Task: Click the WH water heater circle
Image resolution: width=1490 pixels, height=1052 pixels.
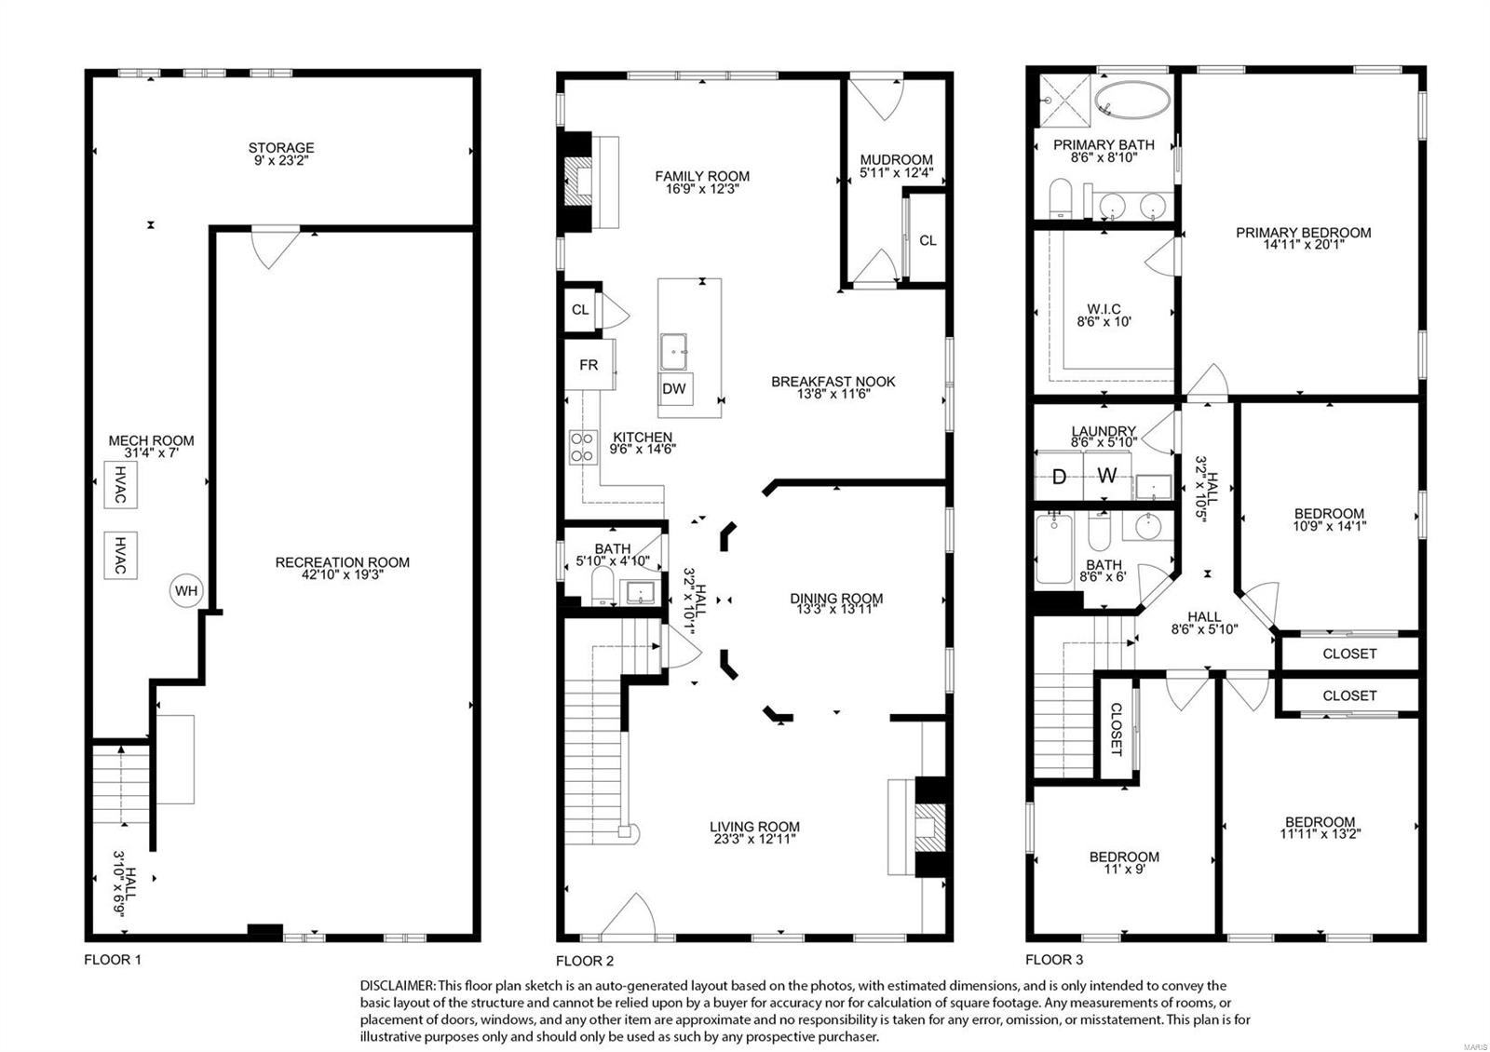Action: pos(185,590)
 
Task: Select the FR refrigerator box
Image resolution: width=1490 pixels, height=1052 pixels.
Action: pos(589,365)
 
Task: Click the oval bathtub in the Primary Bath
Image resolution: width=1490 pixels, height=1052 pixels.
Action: pos(1131,99)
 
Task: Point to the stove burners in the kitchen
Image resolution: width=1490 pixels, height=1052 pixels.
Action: pos(583,447)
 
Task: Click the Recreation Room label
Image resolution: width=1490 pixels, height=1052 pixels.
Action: pos(342,562)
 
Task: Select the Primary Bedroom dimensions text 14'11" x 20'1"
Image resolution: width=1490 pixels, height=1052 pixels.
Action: pos(1304,246)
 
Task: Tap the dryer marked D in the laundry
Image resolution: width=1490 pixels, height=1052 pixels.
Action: pos(1059,477)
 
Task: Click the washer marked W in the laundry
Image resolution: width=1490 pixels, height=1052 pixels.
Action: pos(1106,477)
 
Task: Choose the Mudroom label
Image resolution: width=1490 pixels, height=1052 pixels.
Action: pos(896,160)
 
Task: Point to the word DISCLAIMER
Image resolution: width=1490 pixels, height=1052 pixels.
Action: pos(396,985)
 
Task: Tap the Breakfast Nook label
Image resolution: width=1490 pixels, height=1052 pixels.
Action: pos(833,382)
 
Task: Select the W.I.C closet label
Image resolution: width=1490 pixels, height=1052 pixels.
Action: pos(1104,309)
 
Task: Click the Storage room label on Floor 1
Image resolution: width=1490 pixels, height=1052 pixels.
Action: pos(280,148)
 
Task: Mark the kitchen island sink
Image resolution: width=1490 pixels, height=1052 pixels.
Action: pos(675,351)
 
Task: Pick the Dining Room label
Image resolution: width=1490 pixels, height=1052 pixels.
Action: pos(836,599)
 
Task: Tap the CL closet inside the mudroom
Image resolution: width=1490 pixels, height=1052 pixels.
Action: pos(928,240)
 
